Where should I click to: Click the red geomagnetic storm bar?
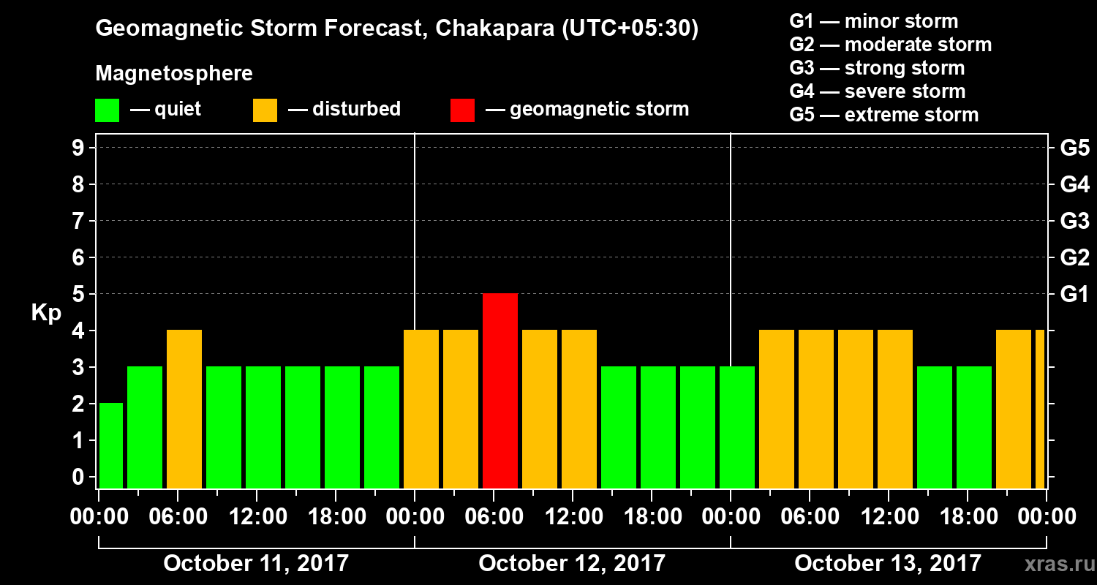500,390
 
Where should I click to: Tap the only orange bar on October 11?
184,409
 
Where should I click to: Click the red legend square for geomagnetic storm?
462,110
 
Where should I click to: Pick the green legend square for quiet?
107,110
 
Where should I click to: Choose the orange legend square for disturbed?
265,110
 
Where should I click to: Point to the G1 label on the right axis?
1074,295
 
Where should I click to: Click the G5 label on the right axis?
1074,148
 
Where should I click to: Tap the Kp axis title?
46,313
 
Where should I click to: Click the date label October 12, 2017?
572,563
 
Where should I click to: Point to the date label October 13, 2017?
888,563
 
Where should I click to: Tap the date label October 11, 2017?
256,563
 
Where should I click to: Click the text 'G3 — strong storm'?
877,68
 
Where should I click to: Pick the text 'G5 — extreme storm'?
883,115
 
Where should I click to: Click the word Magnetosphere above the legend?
174,74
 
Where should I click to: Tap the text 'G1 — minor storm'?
873,21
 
